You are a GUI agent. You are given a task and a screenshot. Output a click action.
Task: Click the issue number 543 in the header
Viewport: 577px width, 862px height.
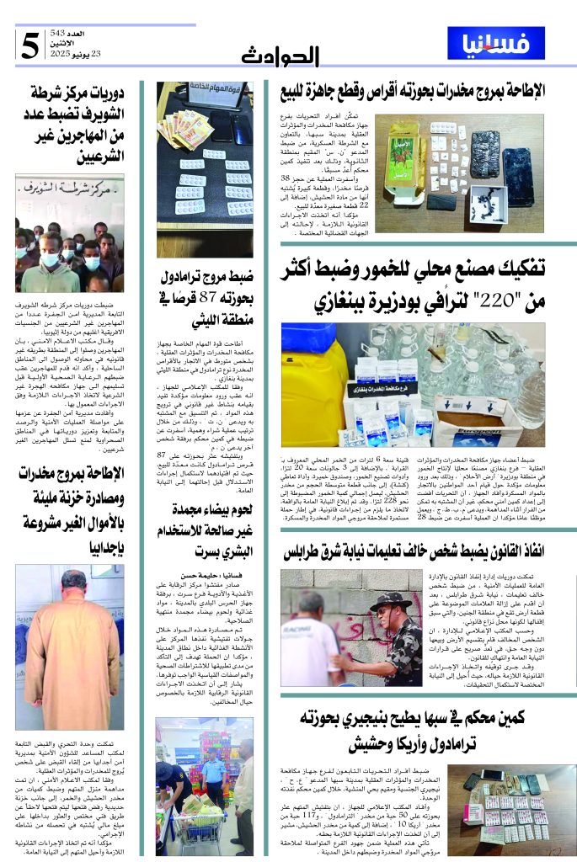[88, 31]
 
